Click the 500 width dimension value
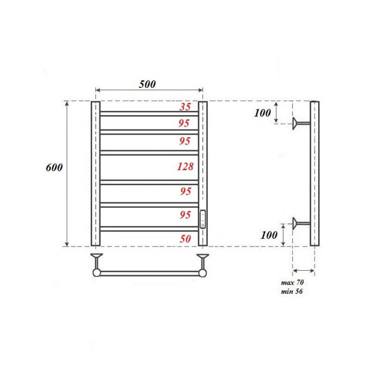148,83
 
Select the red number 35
185,106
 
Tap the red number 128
185,167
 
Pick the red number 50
185,238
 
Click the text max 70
292,282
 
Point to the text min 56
292,291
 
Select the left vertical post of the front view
95,174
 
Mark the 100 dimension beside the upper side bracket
262,113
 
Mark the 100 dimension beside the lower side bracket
268,235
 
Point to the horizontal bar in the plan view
149,272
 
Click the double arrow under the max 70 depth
304,270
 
